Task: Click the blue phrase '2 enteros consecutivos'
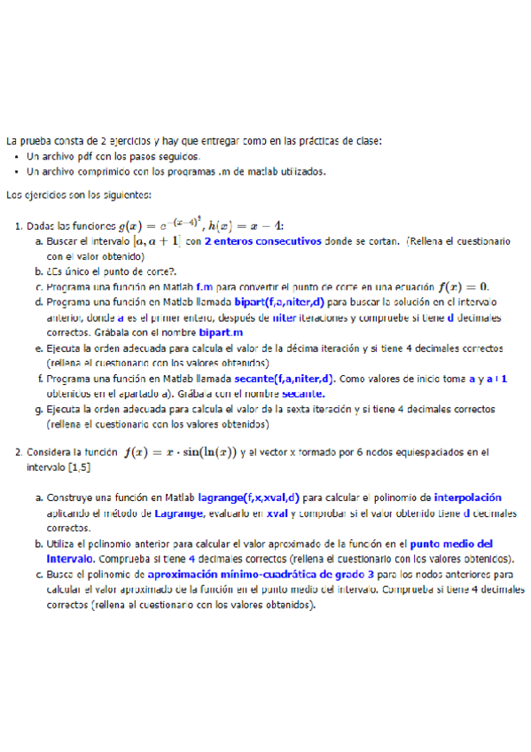point(262,240)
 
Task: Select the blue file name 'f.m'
point(203,287)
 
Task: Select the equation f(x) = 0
point(465,287)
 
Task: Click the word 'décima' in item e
point(301,349)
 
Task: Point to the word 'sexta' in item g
point(296,410)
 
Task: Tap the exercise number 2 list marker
point(18,452)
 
